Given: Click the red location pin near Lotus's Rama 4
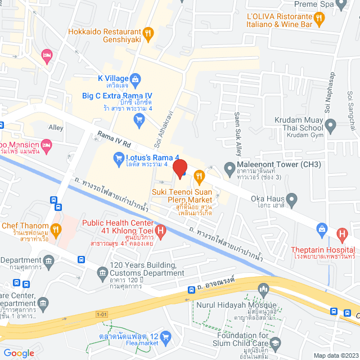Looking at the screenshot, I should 179,168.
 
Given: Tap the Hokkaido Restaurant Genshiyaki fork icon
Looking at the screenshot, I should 147,33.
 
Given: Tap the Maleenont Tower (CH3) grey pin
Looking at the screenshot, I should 229,168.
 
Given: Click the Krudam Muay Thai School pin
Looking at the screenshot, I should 331,125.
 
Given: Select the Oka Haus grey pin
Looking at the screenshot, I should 291,199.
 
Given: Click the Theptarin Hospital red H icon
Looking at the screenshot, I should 341,233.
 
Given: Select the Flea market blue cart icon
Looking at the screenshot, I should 165,337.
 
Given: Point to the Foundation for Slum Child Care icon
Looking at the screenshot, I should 276,343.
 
